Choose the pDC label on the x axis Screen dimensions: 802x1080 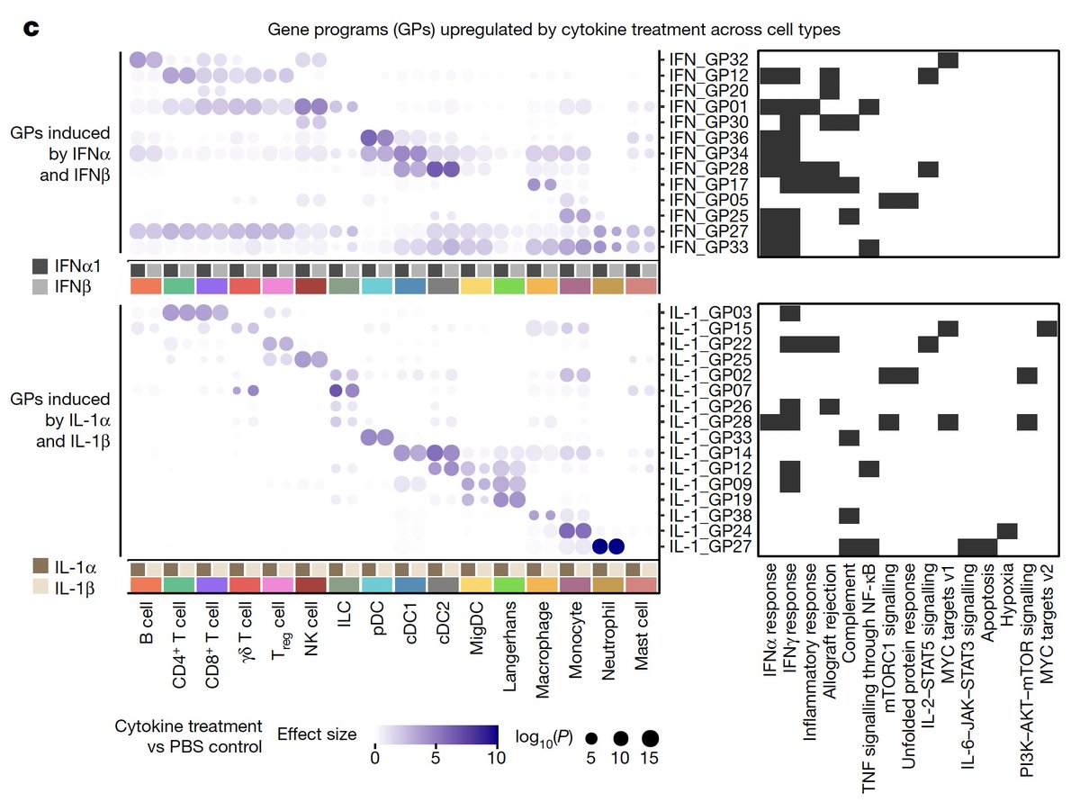[378, 623]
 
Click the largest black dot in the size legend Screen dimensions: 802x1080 [650, 738]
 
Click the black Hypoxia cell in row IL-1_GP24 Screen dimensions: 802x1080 [1008, 530]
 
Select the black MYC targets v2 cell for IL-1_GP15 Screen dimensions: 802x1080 [1048, 328]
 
